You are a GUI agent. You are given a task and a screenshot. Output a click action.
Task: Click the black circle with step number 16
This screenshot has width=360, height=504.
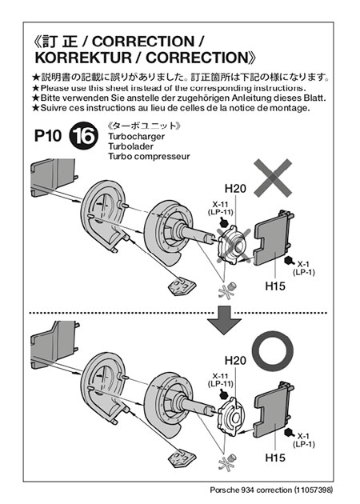click(x=83, y=136)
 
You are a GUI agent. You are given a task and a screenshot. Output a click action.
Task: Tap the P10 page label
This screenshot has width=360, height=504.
click(x=48, y=136)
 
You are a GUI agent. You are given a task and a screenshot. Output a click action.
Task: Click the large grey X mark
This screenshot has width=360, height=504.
click(x=273, y=178)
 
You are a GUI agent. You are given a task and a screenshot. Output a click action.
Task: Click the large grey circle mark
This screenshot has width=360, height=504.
click(x=272, y=351)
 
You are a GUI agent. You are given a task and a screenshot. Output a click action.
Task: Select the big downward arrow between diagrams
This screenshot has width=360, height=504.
click(x=224, y=320)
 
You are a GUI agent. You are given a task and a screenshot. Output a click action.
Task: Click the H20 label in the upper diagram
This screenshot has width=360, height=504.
click(x=235, y=188)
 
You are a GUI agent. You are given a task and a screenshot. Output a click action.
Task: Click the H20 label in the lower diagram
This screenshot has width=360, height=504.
click(x=235, y=360)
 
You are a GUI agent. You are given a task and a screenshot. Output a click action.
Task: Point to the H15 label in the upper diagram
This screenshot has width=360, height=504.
click(x=275, y=286)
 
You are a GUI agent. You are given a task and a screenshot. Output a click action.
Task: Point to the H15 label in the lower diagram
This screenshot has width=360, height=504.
click(x=275, y=458)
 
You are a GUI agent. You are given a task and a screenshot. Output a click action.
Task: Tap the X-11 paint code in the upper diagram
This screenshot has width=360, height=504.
click(x=220, y=204)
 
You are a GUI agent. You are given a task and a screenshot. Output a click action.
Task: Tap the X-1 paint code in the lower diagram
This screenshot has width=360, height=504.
click(x=303, y=436)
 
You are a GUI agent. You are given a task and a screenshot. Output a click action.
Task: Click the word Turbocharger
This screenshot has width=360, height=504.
click(x=136, y=137)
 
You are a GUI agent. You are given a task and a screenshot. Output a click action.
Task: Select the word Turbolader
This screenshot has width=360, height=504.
click(x=131, y=146)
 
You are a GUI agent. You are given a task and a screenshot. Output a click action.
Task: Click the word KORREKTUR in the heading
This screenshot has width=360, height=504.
click(x=83, y=58)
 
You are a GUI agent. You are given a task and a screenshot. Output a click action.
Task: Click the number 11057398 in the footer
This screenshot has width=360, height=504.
click(x=313, y=490)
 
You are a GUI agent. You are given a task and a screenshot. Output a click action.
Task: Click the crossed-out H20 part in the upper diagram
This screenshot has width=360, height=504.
click(x=232, y=246)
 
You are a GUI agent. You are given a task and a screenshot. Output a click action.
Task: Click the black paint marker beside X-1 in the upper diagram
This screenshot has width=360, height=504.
click(x=289, y=261)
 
